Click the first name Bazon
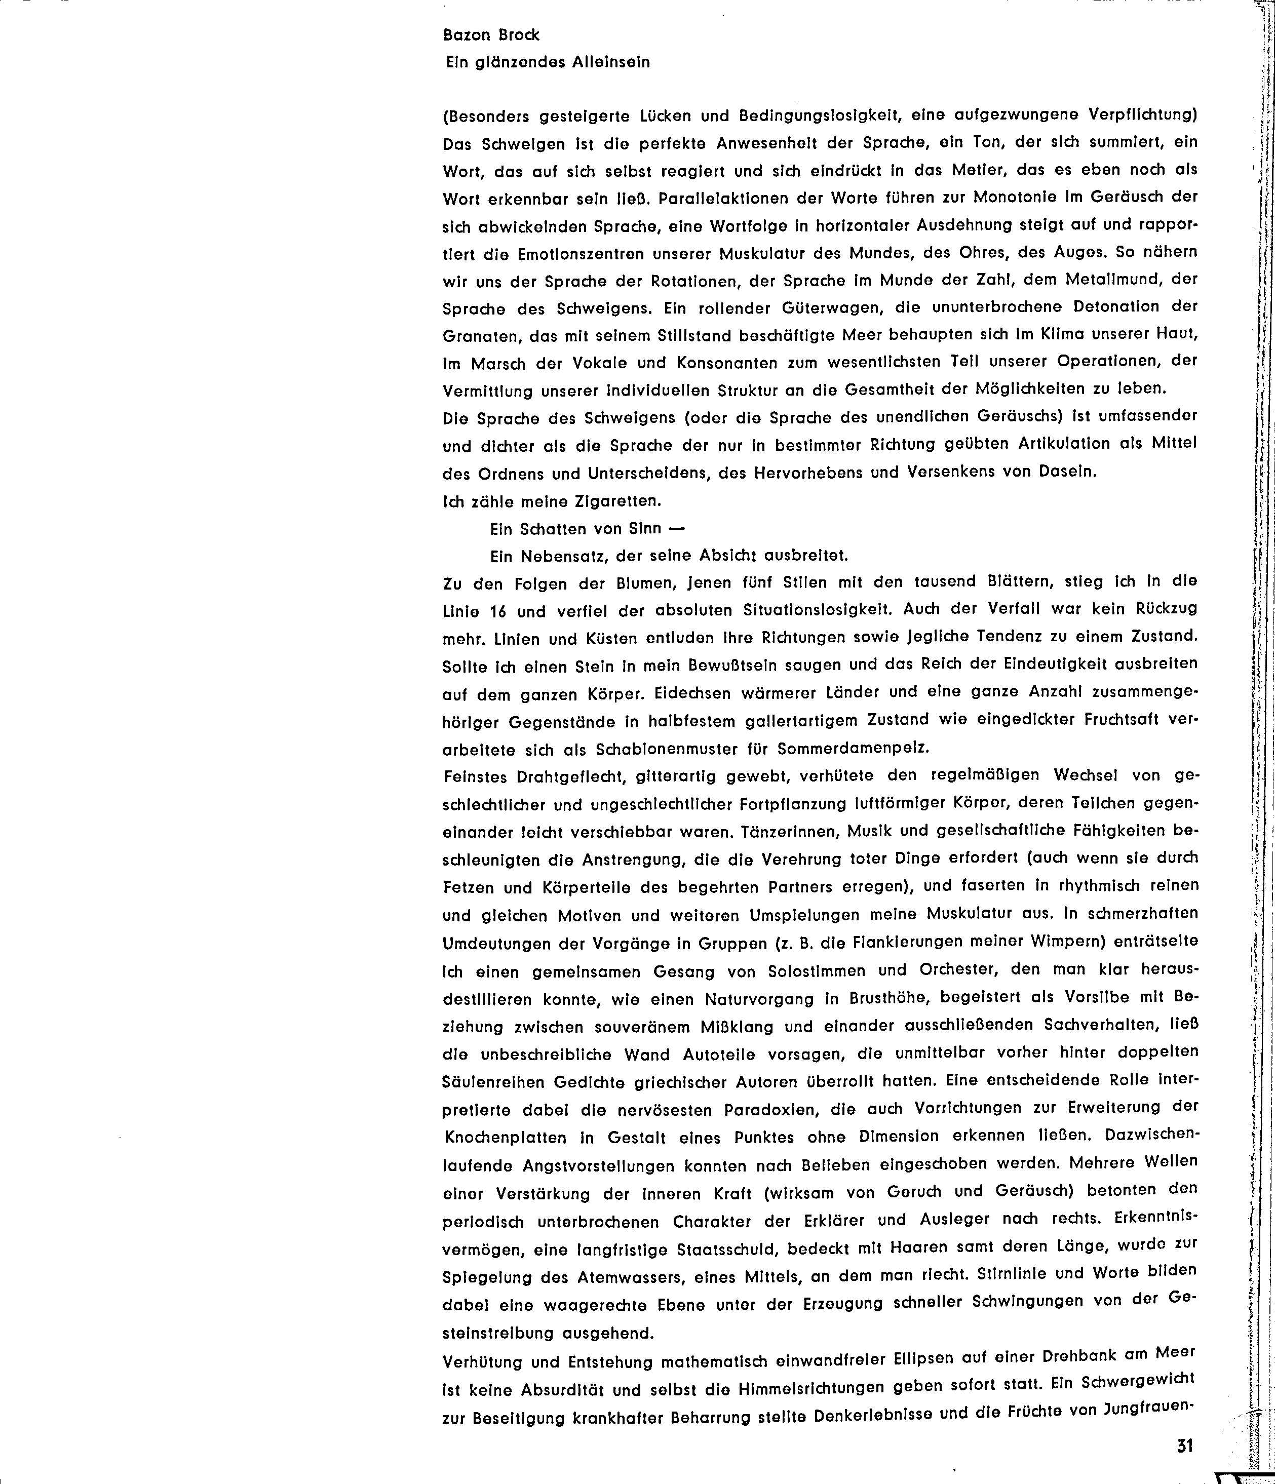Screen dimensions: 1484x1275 pos(468,35)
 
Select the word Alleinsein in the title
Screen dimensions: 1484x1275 pos(611,62)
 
